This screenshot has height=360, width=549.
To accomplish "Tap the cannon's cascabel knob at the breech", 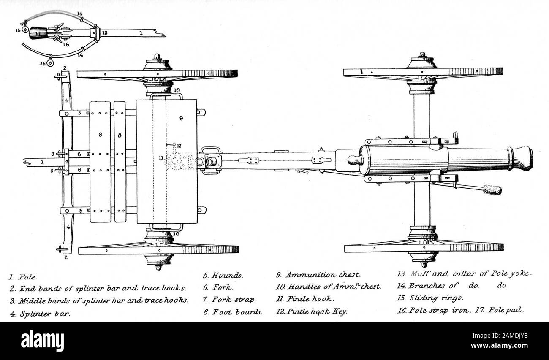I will pyautogui.click(x=353, y=160).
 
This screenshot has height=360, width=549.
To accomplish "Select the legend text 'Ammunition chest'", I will pyautogui.click(x=323, y=275).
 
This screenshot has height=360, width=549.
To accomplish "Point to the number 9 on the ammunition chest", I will pyautogui.click(x=181, y=119).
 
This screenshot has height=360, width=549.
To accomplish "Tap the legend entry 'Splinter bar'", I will pyautogui.click(x=44, y=314).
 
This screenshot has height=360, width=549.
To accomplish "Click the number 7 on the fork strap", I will pyautogui.click(x=66, y=162).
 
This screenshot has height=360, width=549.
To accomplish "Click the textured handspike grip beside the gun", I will pyautogui.click(x=492, y=189).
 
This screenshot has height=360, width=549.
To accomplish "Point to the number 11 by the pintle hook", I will pyautogui.click(x=161, y=157).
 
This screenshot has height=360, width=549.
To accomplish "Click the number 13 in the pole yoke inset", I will pyautogui.click(x=105, y=32).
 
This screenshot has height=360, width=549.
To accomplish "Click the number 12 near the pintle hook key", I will pyautogui.click(x=179, y=146).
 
